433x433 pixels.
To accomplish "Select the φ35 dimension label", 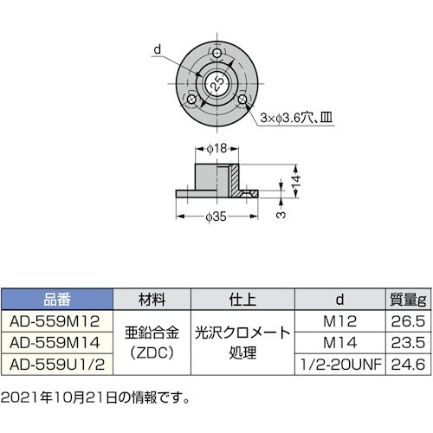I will (216, 217).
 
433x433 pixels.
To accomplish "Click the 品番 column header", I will (57, 301).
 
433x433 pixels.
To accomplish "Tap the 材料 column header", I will (152, 301).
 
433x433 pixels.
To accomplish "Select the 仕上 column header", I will (240, 301).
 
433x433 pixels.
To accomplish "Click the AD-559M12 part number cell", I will (57, 321).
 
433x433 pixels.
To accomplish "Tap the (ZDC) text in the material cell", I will (152, 351).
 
